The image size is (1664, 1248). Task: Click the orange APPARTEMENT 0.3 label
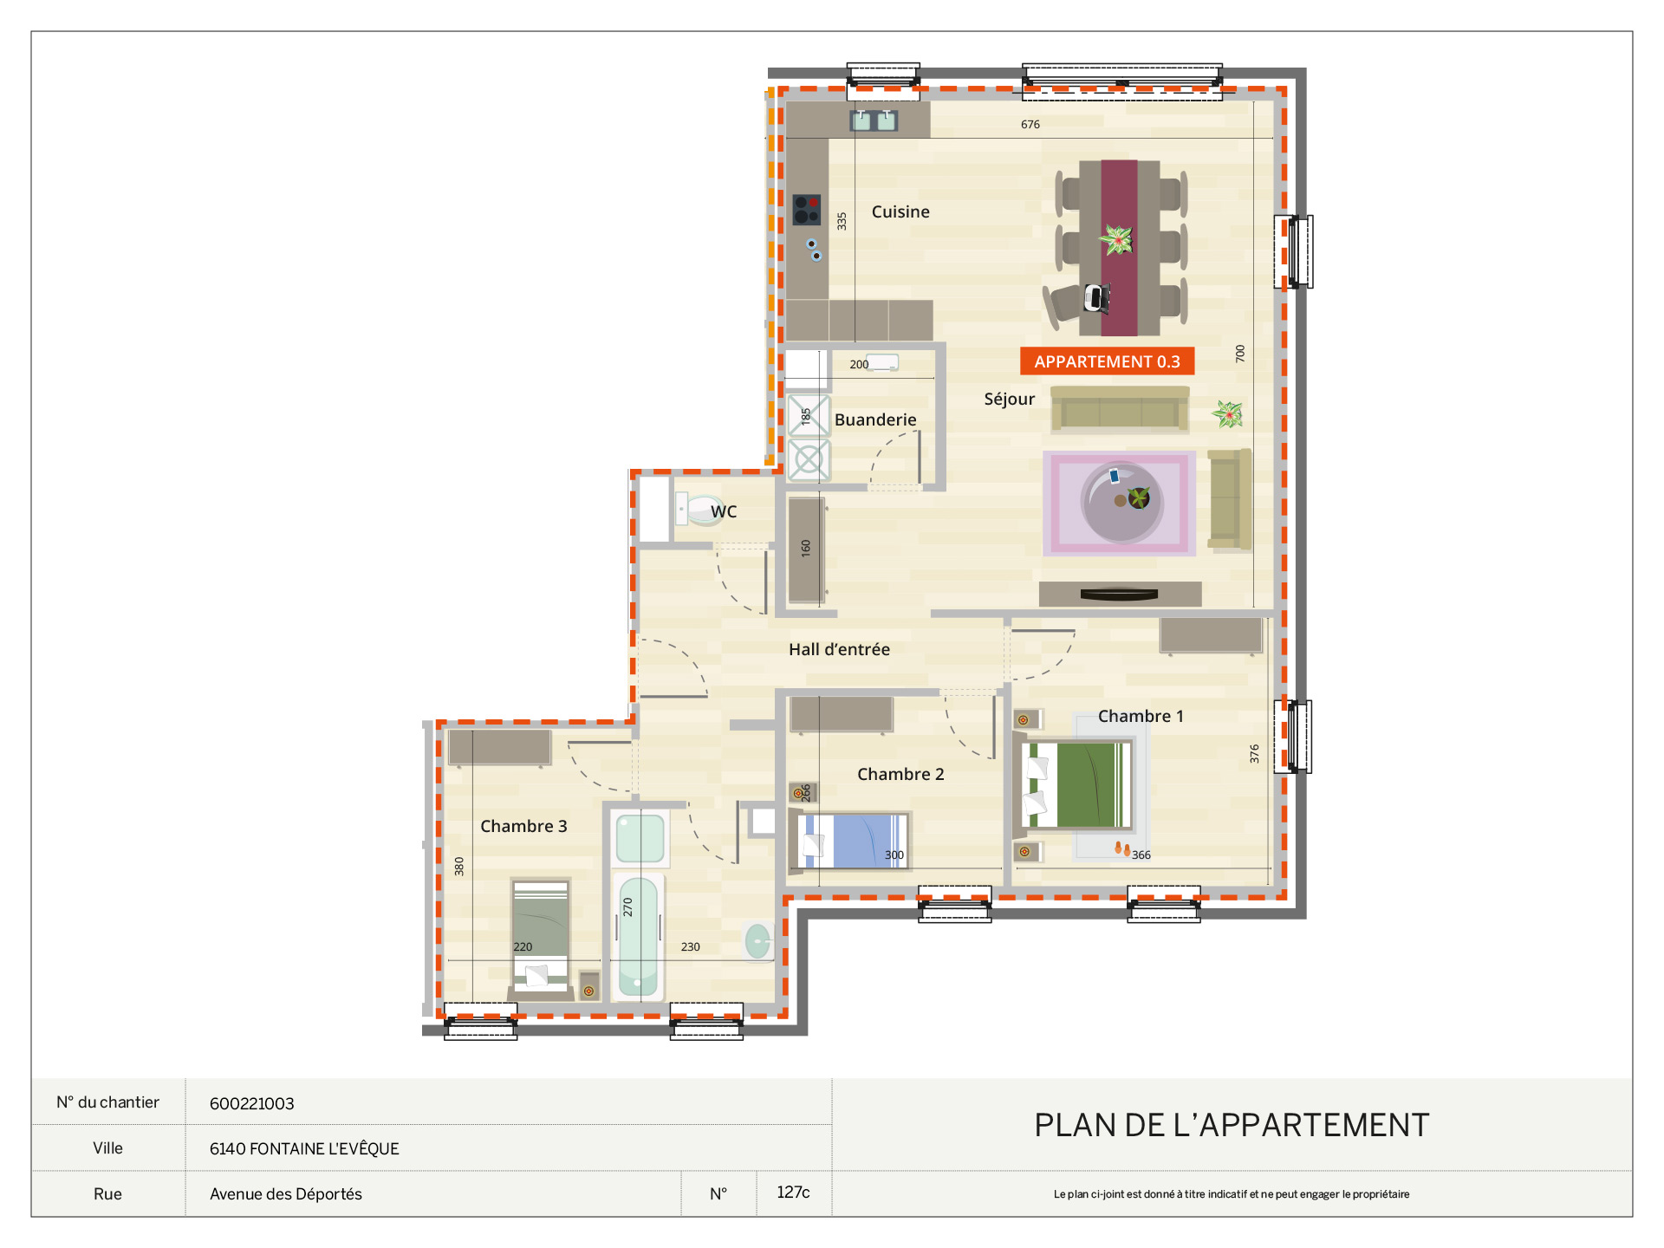[x=1107, y=361]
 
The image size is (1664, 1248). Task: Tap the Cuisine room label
[x=900, y=211]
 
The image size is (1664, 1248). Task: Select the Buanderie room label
[x=875, y=419]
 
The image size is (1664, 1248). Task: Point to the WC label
[x=724, y=511]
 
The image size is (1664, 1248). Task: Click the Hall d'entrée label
[x=839, y=649]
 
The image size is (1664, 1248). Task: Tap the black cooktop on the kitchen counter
[x=807, y=209]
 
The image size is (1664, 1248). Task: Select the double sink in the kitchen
[x=874, y=120]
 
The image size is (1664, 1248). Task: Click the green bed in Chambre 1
[x=1077, y=785]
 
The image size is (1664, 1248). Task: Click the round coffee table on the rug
[x=1121, y=502]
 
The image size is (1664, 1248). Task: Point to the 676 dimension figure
[x=1030, y=125]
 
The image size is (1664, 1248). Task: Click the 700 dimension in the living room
[x=1240, y=353]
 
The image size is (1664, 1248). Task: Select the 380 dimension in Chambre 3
[x=459, y=866]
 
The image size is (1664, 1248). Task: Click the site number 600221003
[x=252, y=1103]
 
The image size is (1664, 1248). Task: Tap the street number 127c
[x=793, y=1193]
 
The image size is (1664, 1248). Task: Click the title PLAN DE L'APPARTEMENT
[x=1232, y=1125]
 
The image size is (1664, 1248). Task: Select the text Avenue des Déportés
[x=286, y=1193]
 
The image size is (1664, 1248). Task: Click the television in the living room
[x=1120, y=595]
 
